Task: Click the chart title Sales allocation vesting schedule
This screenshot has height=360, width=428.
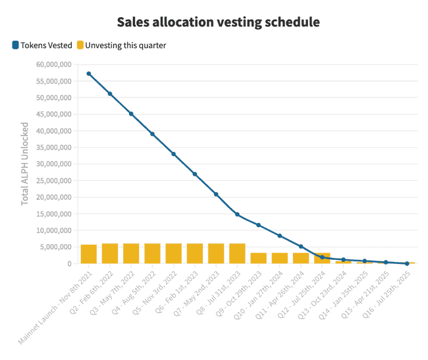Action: [x=218, y=22]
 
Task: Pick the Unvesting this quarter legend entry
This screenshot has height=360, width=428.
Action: [x=126, y=45]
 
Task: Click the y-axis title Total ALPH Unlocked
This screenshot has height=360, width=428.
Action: [x=25, y=163]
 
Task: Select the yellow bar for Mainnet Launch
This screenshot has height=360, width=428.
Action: [x=89, y=254]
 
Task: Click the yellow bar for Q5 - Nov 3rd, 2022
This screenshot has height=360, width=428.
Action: [x=174, y=253]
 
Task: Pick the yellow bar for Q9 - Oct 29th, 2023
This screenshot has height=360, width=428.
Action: [x=259, y=258]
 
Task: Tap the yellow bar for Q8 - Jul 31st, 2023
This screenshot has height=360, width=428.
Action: [x=237, y=253]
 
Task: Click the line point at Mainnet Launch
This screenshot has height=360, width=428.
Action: [x=89, y=74]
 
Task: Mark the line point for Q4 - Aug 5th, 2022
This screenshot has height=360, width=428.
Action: [x=153, y=134]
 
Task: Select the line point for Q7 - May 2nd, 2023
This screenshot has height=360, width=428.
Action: [x=216, y=194]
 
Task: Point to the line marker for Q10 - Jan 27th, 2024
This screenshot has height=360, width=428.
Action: [x=280, y=236]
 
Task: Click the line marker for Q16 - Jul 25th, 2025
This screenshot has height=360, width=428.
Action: [x=407, y=263]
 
